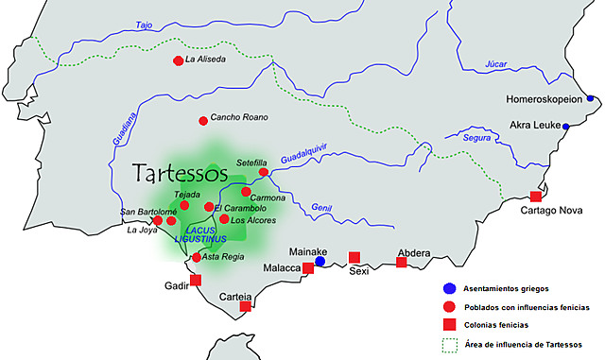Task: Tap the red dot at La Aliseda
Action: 178,60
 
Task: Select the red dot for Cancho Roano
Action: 202,120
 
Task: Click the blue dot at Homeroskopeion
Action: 590,97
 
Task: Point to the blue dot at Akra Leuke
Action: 566,126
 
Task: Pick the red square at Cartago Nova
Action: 536,197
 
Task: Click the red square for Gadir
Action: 196,280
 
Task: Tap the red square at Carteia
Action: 246,306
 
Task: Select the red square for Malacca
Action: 308,268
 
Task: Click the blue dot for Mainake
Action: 320,262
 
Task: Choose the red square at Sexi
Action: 354,257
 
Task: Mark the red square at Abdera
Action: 402,262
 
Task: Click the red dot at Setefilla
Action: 265,173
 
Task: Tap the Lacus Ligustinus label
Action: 202,234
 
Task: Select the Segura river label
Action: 477,138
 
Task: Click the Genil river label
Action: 322,207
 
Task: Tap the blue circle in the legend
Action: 449,288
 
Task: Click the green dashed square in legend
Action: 449,343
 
